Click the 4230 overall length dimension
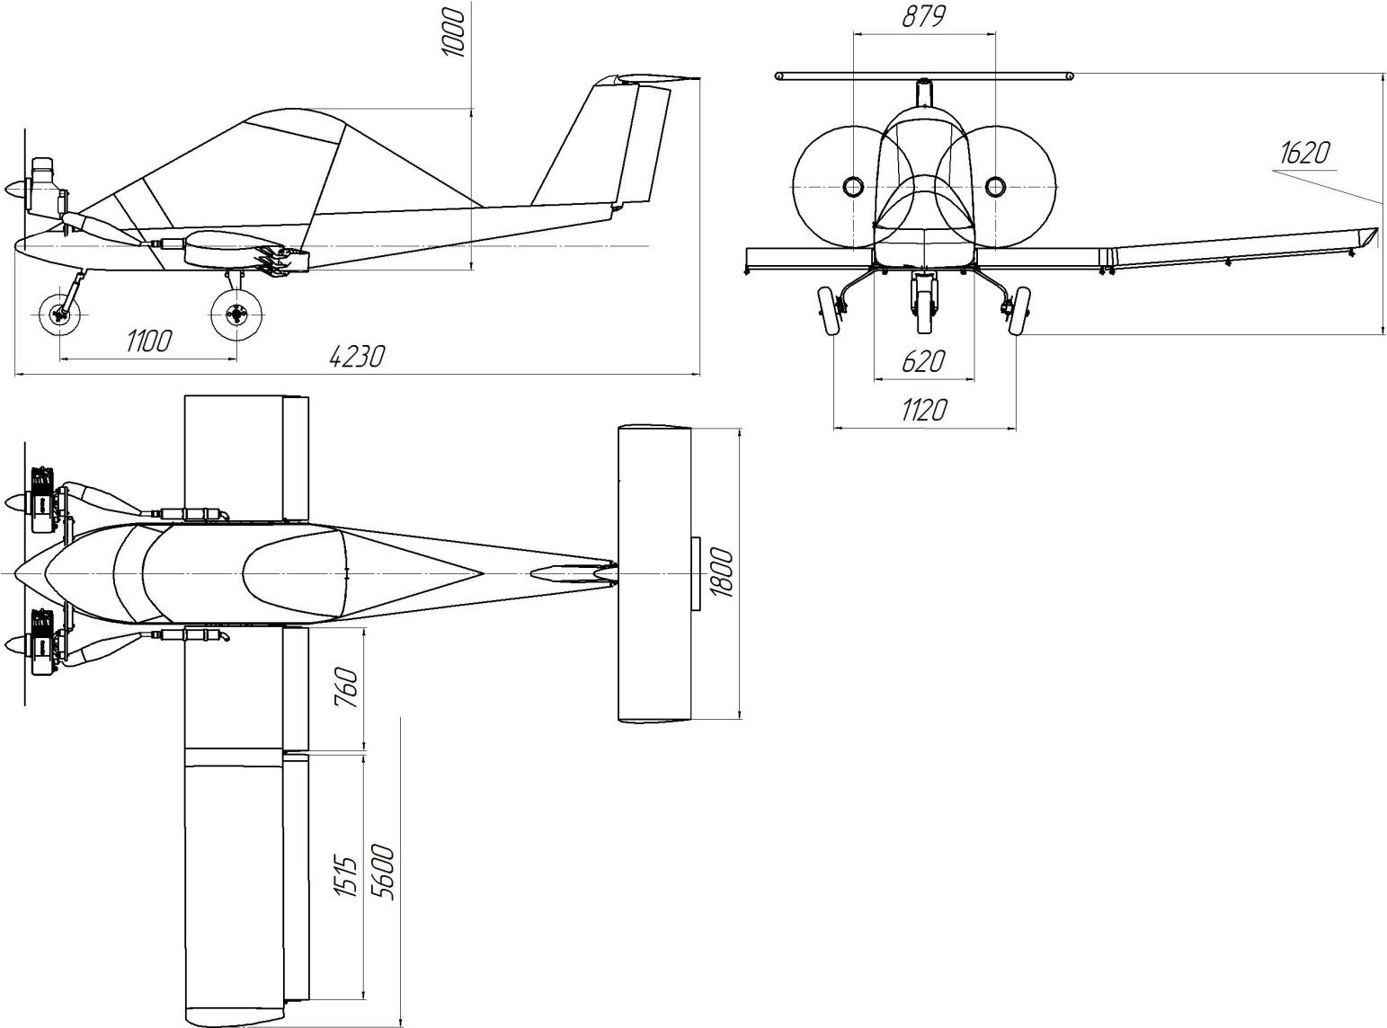pyautogui.click(x=357, y=357)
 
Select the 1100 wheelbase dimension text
pyautogui.click(x=149, y=341)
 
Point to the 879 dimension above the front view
pyautogui.click(x=924, y=17)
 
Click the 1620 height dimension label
pyautogui.click(x=1305, y=153)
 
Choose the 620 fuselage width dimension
pyautogui.click(x=924, y=361)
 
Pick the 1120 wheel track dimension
pyautogui.click(x=924, y=410)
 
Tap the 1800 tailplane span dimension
pyautogui.click(x=723, y=572)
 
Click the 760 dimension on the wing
pyautogui.click(x=347, y=687)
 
